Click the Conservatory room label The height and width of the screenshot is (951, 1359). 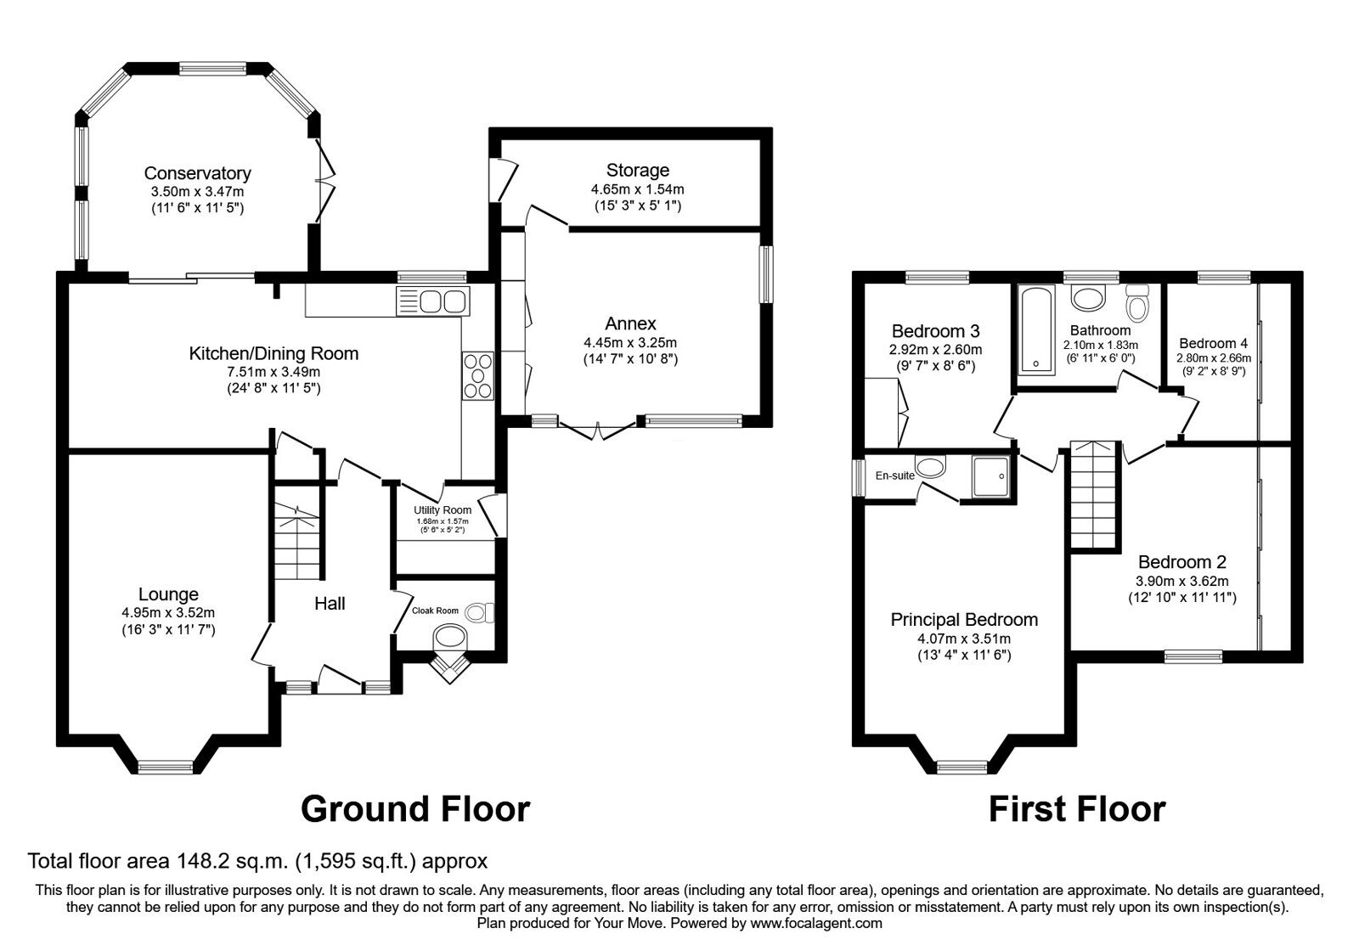click(197, 173)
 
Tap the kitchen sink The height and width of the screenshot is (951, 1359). click(432, 301)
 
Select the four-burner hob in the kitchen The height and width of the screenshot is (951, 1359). click(478, 375)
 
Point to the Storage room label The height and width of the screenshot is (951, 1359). click(638, 170)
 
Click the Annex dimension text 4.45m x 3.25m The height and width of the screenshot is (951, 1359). click(630, 342)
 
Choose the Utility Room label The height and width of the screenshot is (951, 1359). click(443, 510)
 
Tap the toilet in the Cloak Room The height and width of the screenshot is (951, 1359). click(480, 612)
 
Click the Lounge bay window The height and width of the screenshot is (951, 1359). click(166, 768)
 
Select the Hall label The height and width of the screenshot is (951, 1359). click(330, 604)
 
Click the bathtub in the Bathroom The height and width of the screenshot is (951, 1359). click(1035, 329)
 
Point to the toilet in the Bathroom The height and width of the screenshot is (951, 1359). click(1137, 302)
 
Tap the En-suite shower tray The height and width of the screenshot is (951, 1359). click(990, 477)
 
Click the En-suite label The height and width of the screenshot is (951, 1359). click(895, 476)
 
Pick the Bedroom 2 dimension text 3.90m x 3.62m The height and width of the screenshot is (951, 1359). click(1182, 581)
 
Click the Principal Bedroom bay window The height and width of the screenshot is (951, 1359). click(962, 768)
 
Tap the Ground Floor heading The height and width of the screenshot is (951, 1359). click(415, 810)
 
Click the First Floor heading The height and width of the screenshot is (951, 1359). click(1078, 810)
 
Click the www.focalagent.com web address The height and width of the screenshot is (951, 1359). click(816, 924)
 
